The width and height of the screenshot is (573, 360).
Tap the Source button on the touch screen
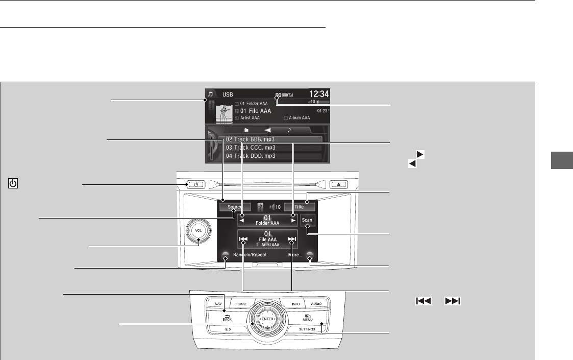coord(235,207)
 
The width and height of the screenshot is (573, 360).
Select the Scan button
coord(307,220)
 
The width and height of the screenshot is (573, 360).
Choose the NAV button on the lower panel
coord(218,304)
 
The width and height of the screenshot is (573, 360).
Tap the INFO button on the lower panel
coord(295,304)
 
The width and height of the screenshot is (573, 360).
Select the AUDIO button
coord(316,304)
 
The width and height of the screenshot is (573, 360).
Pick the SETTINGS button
coord(310,330)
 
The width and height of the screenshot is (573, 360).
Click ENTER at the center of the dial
coord(268,319)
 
